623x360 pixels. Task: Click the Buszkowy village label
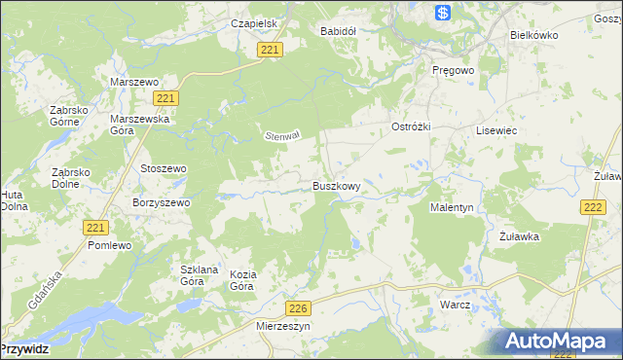click(337, 186)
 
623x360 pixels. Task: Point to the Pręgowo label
click(452, 71)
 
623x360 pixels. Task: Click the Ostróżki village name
click(411, 127)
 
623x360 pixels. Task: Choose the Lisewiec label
click(495, 129)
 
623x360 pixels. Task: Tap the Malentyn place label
click(452, 208)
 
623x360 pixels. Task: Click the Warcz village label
click(455, 305)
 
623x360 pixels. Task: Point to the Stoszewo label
click(163, 168)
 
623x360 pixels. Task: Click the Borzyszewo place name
click(161, 202)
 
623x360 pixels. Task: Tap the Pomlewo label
click(109, 245)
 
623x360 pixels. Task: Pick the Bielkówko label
click(532, 34)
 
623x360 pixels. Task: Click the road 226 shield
click(300, 308)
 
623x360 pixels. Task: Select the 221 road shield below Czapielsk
click(272, 50)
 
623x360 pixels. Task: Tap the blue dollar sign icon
click(443, 13)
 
